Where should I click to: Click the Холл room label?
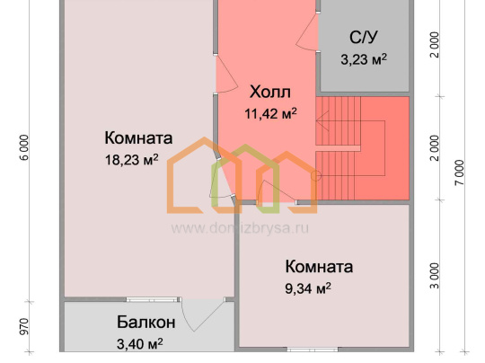pyautogui.click(x=270, y=92)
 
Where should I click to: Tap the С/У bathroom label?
pyautogui.click(x=364, y=38)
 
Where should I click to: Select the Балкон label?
pyautogui.click(x=146, y=323)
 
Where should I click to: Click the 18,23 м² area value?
pyautogui.click(x=132, y=160)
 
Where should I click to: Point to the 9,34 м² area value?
pyautogui.click(x=308, y=288)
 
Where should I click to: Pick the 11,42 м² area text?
pyautogui.click(x=270, y=113)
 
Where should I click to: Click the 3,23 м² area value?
pyautogui.click(x=364, y=58)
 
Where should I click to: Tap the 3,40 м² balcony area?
pyautogui.click(x=140, y=343)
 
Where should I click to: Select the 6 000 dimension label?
pyautogui.click(x=25, y=147)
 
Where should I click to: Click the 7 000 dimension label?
pyautogui.click(x=459, y=173)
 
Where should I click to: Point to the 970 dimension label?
pyautogui.click(x=24, y=327)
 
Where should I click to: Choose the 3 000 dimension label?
pyautogui.click(x=435, y=276)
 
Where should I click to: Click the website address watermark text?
pyautogui.click(x=240, y=229)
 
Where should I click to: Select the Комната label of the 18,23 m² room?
pyautogui.click(x=138, y=137)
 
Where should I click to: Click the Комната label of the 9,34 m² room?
pyautogui.click(x=319, y=266)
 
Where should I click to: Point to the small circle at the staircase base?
pyautogui.click(x=316, y=176)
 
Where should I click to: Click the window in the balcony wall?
pyautogui.click(x=153, y=299)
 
